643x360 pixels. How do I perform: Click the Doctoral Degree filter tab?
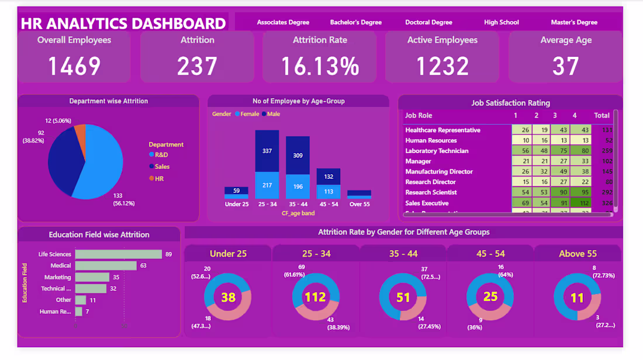[x=428, y=22]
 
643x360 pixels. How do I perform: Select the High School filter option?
[x=501, y=22]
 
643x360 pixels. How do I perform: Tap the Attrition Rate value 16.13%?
[x=320, y=66]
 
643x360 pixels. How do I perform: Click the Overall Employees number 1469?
[x=74, y=66]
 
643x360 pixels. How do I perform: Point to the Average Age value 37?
[x=565, y=66]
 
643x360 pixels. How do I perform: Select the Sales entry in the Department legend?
[x=162, y=167]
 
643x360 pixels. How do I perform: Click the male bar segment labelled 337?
[x=267, y=151]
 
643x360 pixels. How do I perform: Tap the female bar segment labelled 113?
[x=328, y=191]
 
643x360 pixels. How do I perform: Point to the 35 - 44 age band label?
[x=298, y=205]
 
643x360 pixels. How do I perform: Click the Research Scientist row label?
[x=431, y=192]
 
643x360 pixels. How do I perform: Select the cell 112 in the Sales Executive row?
[x=582, y=203]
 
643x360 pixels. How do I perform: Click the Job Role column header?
[x=419, y=116]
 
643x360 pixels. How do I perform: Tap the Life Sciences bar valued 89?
[x=118, y=254]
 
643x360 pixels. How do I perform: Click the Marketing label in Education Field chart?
[x=57, y=277]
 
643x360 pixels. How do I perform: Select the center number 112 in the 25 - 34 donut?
[x=315, y=297]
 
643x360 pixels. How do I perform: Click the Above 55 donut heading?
[x=577, y=254]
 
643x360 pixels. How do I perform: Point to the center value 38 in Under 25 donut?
[x=228, y=297]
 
